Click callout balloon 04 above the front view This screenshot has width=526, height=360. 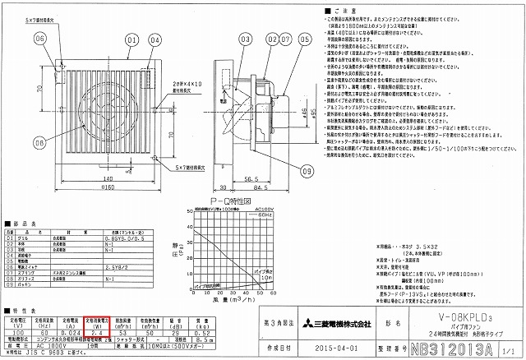tap(154, 39)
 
